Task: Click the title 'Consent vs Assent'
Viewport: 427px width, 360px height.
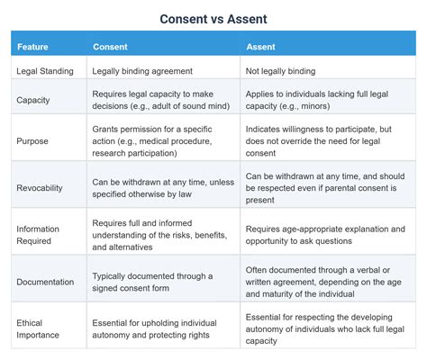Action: tap(213, 18)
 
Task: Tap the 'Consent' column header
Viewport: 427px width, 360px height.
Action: tap(111, 46)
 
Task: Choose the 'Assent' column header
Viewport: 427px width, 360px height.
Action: tap(262, 46)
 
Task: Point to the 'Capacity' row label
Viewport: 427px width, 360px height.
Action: tap(32, 100)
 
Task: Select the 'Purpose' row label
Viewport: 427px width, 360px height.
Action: tap(32, 141)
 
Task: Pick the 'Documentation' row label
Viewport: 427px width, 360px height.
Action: tap(45, 282)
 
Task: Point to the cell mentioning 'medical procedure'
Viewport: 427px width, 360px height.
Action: tap(153, 141)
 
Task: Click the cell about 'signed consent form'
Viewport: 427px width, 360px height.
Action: tap(152, 282)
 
